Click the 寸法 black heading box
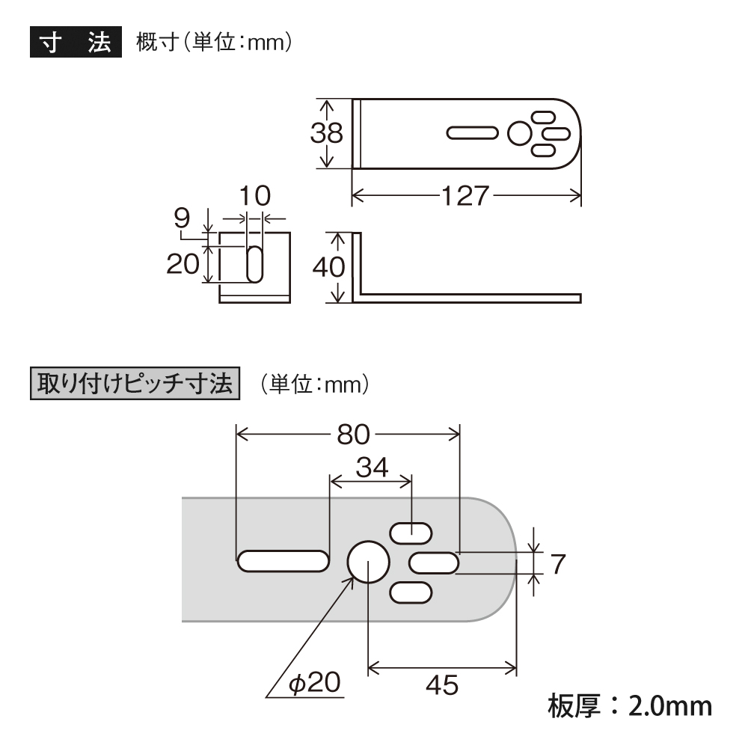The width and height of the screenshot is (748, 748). tap(76, 42)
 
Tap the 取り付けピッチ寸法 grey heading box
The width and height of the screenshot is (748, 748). tap(135, 383)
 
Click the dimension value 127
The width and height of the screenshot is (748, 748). tap(465, 196)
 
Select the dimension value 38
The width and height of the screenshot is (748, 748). tap(327, 133)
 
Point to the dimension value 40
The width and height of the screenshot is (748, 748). tap(328, 267)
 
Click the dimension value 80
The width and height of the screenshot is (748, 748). tap(354, 435)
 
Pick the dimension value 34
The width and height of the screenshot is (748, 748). tap(372, 467)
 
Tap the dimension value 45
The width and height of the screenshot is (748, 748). tap(442, 685)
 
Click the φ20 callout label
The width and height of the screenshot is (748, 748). tap(315, 683)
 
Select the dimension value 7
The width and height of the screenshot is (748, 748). tap(558, 564)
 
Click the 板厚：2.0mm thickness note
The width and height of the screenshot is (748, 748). tap(630, 706)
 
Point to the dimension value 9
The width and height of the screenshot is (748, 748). tap(183, 218)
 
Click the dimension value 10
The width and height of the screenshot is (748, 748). tap(255, 196)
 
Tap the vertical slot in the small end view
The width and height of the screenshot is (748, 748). tap(255, 264)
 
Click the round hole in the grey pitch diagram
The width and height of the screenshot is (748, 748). tap(368, 562)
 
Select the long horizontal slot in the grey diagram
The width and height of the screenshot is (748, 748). tap(283, 561)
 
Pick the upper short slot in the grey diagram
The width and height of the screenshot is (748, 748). tap(411, 533)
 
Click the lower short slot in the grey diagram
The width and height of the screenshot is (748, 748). tap(411, 593)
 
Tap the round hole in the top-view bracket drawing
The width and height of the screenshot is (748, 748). tap(520, 134)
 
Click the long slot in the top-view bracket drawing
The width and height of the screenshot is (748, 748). tap(472, 133)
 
